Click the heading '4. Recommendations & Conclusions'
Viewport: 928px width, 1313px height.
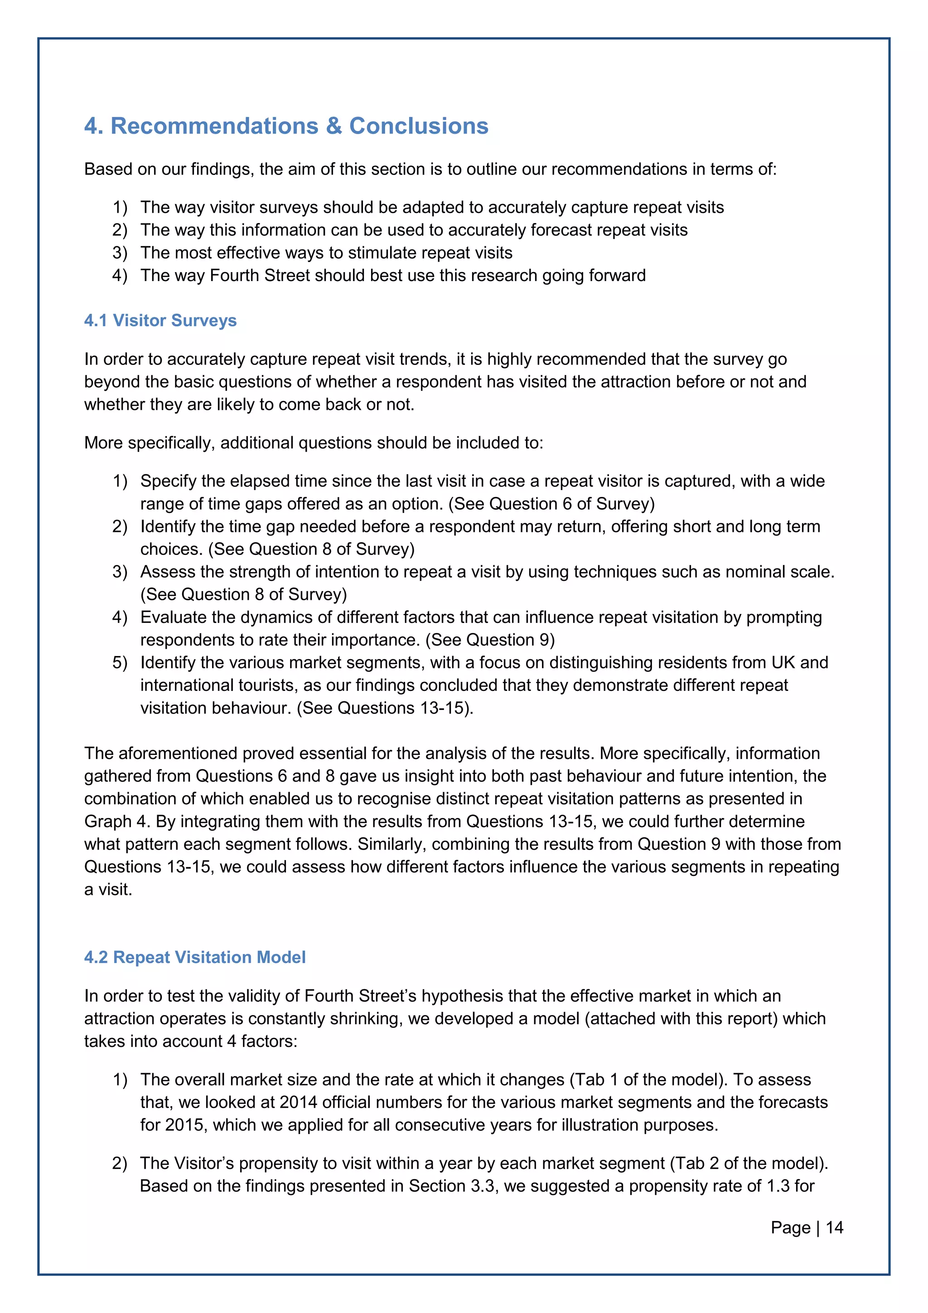click(x=286, y=126)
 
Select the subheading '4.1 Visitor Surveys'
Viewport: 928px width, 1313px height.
click(x=160, y=320)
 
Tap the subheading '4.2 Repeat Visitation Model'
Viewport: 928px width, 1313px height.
click(x=194, y=957)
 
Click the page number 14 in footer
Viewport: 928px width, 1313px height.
click(x=834, y=1227)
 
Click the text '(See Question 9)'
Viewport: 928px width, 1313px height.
click(x=490, y=639)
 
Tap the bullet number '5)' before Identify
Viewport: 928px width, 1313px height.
click(x=120, y=662)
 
